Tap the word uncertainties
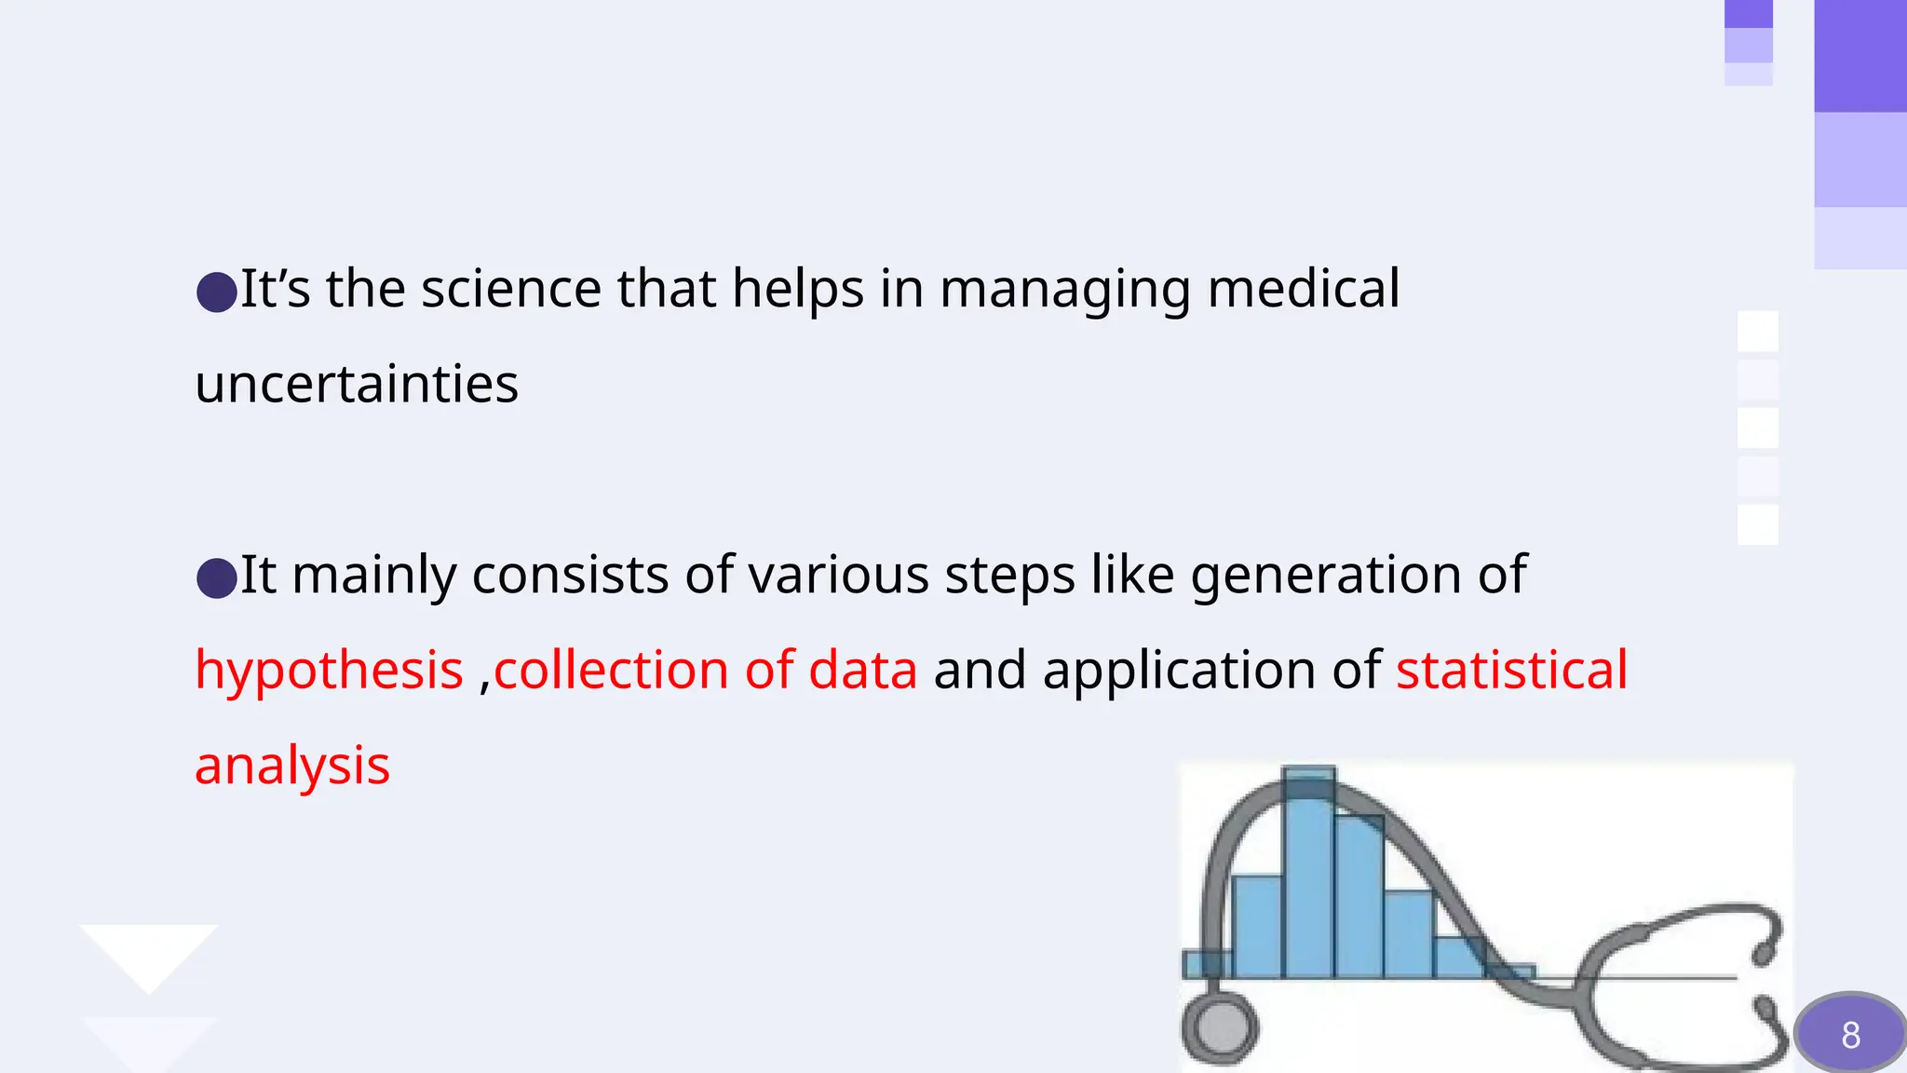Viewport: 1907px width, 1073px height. pyautogui.click(x=357, y=384)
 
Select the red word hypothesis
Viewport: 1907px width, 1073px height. pyautogui.click(x=329, y=670)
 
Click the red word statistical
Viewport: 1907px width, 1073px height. pyautogui.click(x=1511, y=670)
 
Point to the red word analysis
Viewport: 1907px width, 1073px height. pyautogui.click(x=291, y=766)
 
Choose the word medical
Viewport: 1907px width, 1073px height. pyautogui.click(x=1303, y=289)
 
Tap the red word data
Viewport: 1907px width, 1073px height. pyautogui.click(x=862, y=670)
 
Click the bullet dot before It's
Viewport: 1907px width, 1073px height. pyautogui.click(x=217, y=292)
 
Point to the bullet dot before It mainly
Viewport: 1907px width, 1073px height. pyautogui.click(x=217, y=578)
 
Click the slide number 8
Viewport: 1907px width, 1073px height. pyautogui.click(x=1850, y=1035)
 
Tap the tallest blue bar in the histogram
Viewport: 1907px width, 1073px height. pyautogui.click(x=1308, y=876)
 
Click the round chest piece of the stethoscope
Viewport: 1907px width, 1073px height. pyautogui.click(x=1220, y=1028)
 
